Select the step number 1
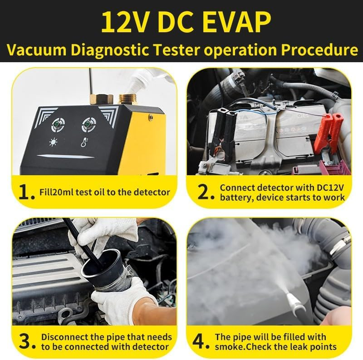26,192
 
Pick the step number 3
26,342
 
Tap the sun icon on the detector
54,143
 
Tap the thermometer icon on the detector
84,143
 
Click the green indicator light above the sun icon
58,124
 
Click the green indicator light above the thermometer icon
88,124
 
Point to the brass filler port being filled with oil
128,99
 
